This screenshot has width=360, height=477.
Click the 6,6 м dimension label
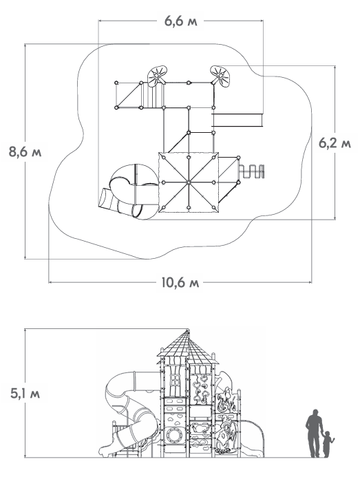pos(181,21)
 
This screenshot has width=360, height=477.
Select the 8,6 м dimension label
pos(25,151)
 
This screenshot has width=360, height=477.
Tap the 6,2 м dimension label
pos(335,142)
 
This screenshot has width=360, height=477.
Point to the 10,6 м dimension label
pos(180,283)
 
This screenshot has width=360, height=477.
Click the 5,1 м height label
pos(25,394)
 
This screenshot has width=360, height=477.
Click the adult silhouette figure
pos(314,433)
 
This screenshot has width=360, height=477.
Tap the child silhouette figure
pos(328,444)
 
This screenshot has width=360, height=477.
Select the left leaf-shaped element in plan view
pos(158,76)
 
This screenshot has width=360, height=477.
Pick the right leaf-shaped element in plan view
pos(220,76)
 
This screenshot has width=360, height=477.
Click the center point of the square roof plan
pos(189,182)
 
